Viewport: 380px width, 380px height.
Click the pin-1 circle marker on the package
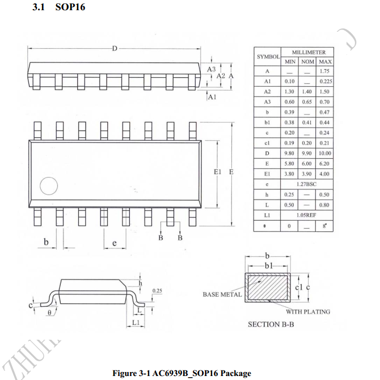click(48, 187)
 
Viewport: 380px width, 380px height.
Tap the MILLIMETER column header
click(309, 52)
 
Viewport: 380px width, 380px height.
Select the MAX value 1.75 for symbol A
click(324, 71)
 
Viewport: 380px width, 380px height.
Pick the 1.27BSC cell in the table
click(307, 184)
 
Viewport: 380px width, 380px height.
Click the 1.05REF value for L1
click(307, 215)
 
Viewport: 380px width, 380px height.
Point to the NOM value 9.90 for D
click(307, 154)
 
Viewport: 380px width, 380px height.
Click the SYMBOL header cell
click(268, 57)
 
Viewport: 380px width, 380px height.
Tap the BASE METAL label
click(222, 294)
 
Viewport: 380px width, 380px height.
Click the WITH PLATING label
click(308, 311)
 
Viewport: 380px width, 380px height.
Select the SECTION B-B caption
click(271, 324)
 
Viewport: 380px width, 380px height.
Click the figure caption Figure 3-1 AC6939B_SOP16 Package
click(181, 373)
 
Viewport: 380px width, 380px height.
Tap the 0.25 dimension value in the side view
click(158, 291)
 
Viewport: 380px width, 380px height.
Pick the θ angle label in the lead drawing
click(49, 312)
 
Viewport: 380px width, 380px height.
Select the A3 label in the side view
click(211, 69)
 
